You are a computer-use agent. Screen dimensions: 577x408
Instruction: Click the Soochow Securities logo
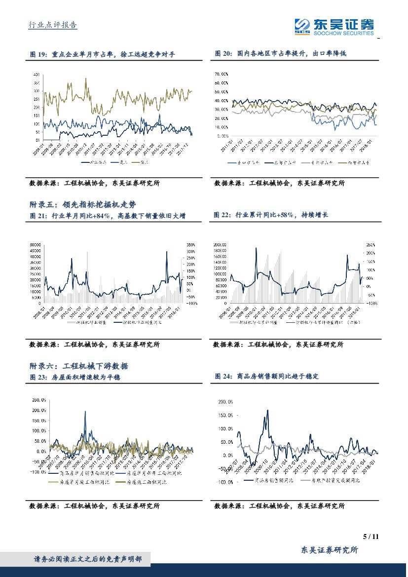[x=334, y=26]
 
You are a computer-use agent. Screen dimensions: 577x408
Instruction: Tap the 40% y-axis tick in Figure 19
[x=36, y=75]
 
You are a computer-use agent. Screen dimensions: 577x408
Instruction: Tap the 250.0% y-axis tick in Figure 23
[x=38, y=400]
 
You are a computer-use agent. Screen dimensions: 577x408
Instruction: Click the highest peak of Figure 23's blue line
[x=85, y=411]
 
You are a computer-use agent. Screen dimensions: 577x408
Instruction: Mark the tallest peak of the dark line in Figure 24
[x=267, y=410]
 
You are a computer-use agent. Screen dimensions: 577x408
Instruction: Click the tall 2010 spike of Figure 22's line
[x=256, y=248]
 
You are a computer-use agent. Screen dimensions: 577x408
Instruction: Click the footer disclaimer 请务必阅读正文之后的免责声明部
[x=88, y=559]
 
